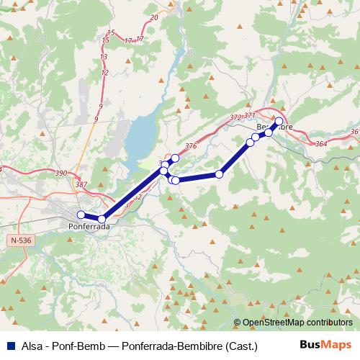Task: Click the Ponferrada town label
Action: click(x=89, y=226)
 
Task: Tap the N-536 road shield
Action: click(x=21, y=240)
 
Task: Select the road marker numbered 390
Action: click(x=60, y=174)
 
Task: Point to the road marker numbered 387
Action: click(x=81, y=185)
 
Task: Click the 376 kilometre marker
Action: click(x=190, y=146)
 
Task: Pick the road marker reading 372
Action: click(x=235, y=117)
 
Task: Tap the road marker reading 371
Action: click(x=250, y=115)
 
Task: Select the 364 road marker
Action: click(x=321, y=145)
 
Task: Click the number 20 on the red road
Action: click(x=154, y=17)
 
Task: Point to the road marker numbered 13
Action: click(x=104, y=57)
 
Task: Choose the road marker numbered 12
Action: click(x=105, y=73)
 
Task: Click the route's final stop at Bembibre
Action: click(x=279, y=121)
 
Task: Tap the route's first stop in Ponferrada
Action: click(x=81, y=215)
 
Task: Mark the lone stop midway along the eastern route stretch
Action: click(x=219, y=174)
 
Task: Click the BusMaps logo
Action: click(x=325, y=345)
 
